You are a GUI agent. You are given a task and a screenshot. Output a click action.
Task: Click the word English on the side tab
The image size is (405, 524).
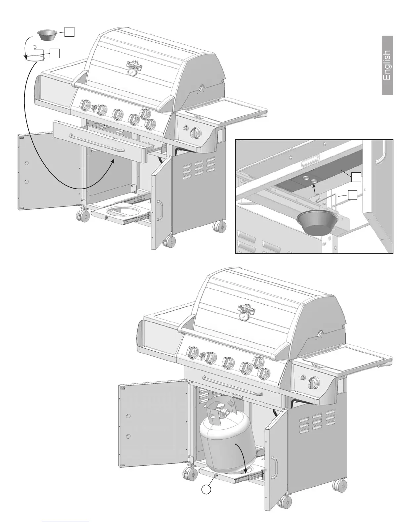coord(387,65)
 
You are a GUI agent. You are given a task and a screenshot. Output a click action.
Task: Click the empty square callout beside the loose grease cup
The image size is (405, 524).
coord(69,32)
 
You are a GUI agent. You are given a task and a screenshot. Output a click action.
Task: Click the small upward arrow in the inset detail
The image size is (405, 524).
coord(314,189)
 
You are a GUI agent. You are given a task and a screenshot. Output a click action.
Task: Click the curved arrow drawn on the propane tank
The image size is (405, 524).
coord(243,458)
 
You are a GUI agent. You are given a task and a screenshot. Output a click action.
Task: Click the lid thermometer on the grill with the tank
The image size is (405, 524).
coord(244,317)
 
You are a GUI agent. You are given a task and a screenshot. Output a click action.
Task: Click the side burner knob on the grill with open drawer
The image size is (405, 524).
coord(196,134)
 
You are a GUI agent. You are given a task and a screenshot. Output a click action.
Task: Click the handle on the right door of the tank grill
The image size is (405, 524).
coord(274,468)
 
